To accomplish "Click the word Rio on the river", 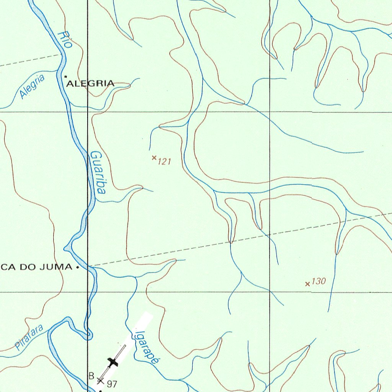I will [x=65, y=39].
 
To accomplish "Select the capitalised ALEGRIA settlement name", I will [x=90, y=83].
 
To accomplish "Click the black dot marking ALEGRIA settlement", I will [x=65, y=77].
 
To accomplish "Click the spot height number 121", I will [x=164, y=162].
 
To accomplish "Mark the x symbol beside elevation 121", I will [x=154, y=158].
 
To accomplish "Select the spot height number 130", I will [x=318, y=281].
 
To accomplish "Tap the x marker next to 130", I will [x=307, y=284].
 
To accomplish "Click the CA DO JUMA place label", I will [x=36, y=267].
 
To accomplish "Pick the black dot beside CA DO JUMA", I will [x=78, y=268].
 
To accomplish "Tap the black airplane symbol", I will [x=112, y=362].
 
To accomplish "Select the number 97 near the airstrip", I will [x=112, y=384].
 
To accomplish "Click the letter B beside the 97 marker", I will [x=91, y=376].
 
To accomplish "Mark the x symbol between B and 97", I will [x=100, y=381].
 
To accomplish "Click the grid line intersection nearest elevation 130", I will [x=270, y=292].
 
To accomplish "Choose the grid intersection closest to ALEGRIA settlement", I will [x=88, y=112].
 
